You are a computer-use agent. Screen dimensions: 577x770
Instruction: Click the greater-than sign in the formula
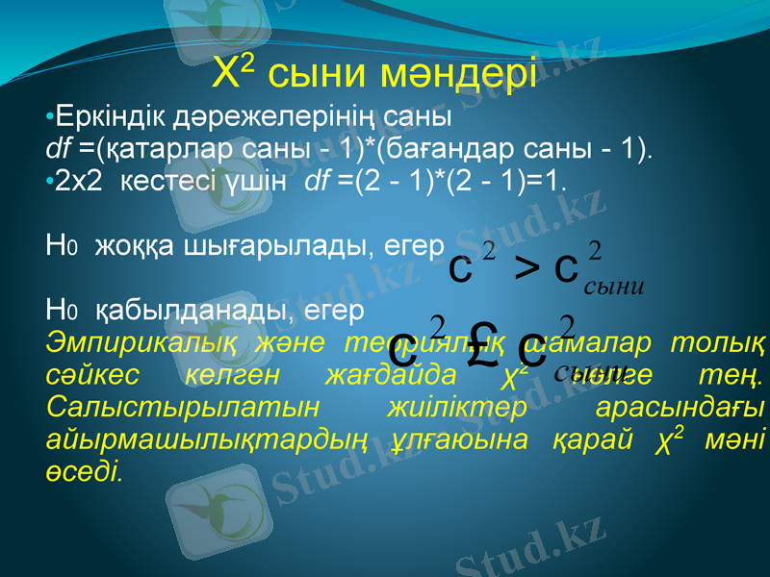(x=526, y=268)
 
